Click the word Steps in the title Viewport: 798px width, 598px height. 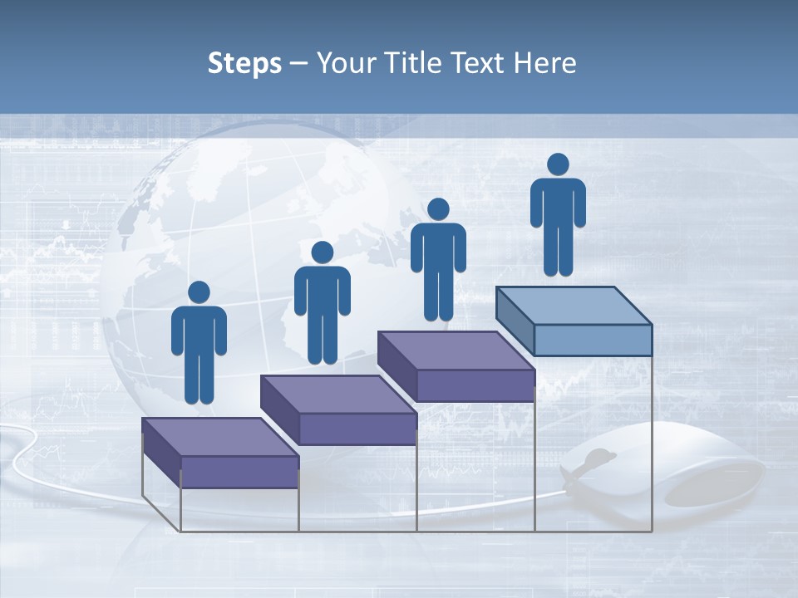point(244,64)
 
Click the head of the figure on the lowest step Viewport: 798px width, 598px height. point(199,292)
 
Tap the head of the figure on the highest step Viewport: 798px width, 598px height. point(558,164)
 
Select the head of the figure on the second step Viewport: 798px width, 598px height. point(322,252)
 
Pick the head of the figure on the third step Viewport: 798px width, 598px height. point(438,209)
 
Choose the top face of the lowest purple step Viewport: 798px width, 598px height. point(219,437)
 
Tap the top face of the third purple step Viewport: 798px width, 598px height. point(456,350)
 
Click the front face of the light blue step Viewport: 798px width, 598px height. point(593,340)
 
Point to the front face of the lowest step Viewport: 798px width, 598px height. point(239,472)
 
